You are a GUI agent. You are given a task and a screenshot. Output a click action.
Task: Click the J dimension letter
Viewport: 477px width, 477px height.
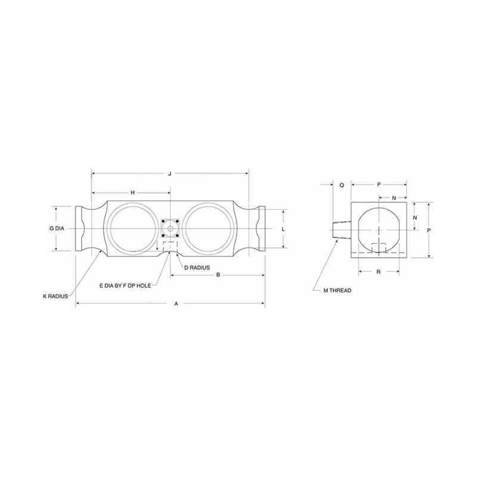click(170, 174)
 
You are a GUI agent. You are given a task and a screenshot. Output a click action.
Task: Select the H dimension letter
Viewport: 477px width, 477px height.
click(132, 193)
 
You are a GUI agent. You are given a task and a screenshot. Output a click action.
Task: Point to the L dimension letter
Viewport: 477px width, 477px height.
click(283, 229)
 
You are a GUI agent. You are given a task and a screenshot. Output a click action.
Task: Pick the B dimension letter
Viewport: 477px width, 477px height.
click(218, 275)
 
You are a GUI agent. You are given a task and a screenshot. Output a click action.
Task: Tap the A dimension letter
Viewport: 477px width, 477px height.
click(176, 304)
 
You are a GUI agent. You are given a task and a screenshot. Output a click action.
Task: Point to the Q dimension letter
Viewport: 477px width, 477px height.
click(342, 185)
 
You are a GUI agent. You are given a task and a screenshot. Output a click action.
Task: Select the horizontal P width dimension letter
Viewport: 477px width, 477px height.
click(379, 185)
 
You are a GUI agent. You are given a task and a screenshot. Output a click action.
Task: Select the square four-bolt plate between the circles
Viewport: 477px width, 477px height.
click(170, 228)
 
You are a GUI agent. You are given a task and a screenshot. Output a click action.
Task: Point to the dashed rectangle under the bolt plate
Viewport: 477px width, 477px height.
click(170, 247)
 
